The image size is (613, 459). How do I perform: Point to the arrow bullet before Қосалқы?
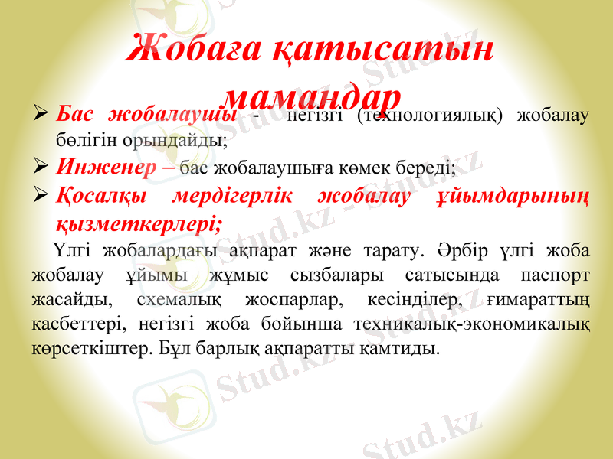click(43, 197)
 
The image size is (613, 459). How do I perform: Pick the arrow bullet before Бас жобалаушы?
click(43, 116)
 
